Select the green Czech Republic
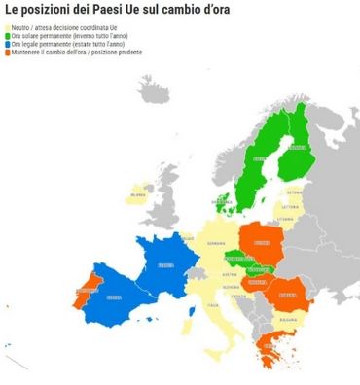(237, 258)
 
